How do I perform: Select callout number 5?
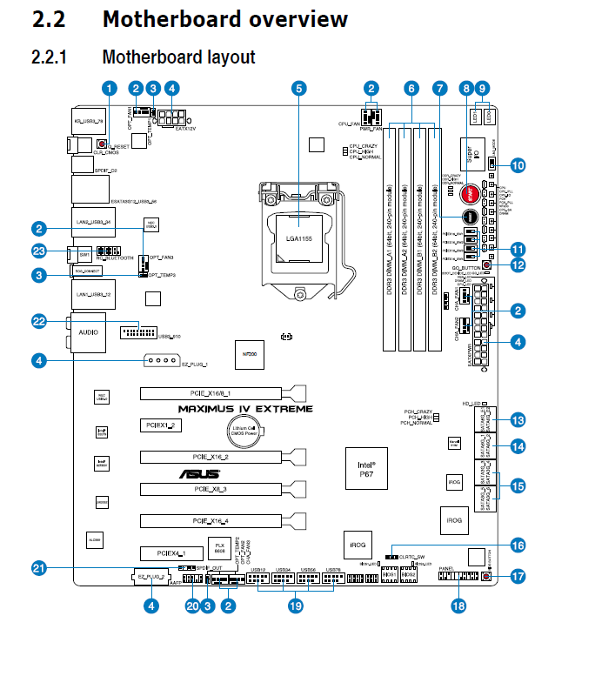[x=299, y=88]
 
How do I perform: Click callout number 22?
[x=38, y=321]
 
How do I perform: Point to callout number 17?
[x=518, y=576]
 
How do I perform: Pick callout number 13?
[x=518, y=420]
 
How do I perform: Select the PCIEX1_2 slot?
[x=159, y=425]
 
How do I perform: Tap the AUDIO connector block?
[x=88, y=332]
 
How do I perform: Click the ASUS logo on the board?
[x=199, y=474]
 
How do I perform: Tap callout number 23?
[x=38, y=251]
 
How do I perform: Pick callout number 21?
[x=38, y=568]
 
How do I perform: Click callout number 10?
[x=518, y=164]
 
